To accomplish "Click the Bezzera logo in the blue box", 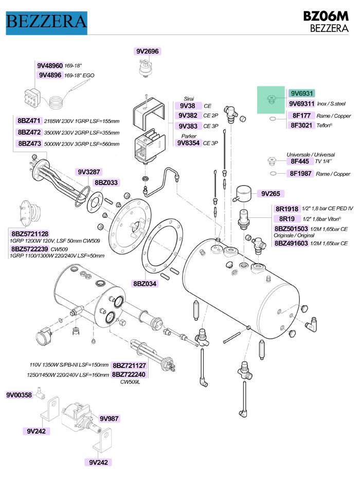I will point(46,21).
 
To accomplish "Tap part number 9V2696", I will point(148,51).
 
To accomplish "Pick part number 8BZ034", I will point(146,283).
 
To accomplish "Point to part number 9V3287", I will point(88,172).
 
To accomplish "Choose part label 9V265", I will point(271,194).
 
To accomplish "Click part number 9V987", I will point(109,418).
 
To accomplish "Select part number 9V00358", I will point(19,395).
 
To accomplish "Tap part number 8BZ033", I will point(106,182).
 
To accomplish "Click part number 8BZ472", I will point(29,132).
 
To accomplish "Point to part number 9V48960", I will point(50,66).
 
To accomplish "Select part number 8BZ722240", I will point(129,375).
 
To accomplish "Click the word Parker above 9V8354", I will point(189,136).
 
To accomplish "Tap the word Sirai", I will point(189,99).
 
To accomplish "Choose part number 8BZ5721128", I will point(29,234).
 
